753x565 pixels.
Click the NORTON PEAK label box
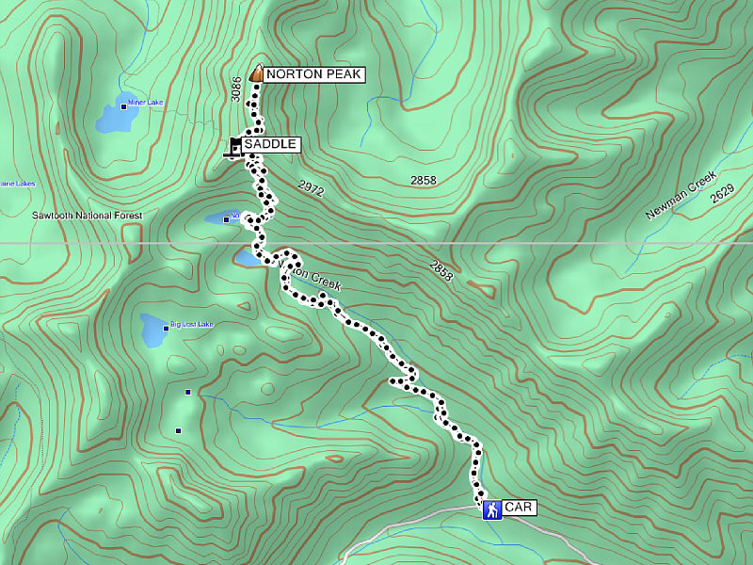click(x=313, y=73)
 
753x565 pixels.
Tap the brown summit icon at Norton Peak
click(x=256, y=73)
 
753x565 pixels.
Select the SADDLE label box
click(x=270, y=144)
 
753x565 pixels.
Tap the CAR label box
click(x=520, y=508)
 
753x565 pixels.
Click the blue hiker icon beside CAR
click(x=491, y=509)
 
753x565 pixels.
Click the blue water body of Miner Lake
click(x=115, y=119)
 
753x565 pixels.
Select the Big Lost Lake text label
click(x=192, y=325)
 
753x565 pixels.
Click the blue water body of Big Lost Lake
click(x=151, y=331)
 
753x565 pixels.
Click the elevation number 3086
click(x=236, y=89)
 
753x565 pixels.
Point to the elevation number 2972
click(x=311, y=189)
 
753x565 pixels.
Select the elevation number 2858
click(x=424, y=180)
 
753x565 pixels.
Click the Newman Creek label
click(x=681, y=196)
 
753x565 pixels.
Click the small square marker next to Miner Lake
click(x=124, y=106)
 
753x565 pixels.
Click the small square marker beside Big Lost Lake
click(x=166, y=328)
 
